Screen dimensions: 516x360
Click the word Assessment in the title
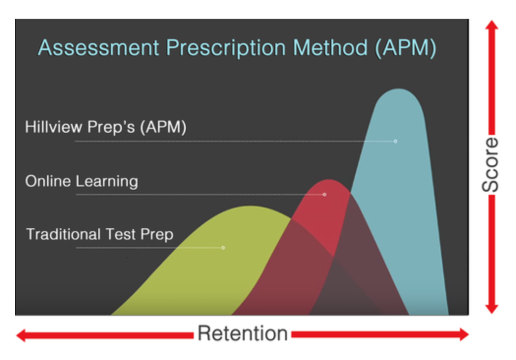[x=99, y=48]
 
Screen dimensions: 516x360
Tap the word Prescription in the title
[x=226, y=48]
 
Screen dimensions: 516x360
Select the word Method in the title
[x=330, y=48]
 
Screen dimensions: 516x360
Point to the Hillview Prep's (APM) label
[x=106, y=127]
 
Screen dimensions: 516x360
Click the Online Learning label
[x=82, y=181]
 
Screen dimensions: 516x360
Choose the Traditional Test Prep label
[x=100, y=234]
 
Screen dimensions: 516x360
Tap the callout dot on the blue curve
[x=396, y=141]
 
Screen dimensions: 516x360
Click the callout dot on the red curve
[x=324, y=195]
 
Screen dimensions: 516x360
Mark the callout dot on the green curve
[x=223, y=248]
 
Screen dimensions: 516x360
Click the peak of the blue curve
[x=399, y=89]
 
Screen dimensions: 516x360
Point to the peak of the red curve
[x=329, y=180]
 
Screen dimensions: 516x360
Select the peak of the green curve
[x=251, y=207]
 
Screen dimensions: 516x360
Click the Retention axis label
[x=243, y=333]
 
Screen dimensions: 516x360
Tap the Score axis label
[x=490, y=165]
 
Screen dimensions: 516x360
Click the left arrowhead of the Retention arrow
[x=21, y=335]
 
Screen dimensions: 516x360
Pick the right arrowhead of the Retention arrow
[x=464, y=334]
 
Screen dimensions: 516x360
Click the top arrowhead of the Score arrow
[x=492, y=25]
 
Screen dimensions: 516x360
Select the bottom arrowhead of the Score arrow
[x=492, y=309]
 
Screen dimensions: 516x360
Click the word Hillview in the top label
[x=54, y=126]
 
